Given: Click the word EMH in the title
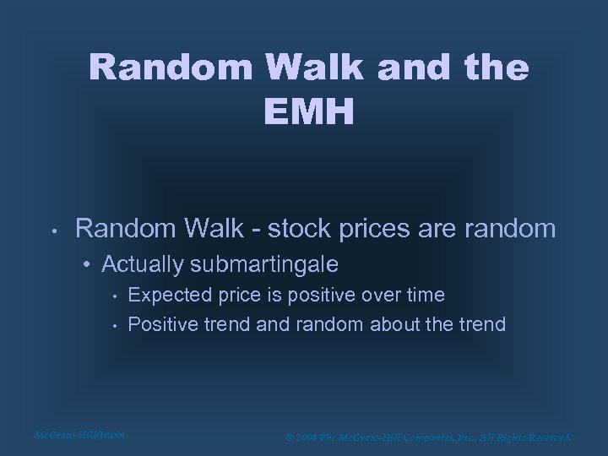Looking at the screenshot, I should [x=307, y=111].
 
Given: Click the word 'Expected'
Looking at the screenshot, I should [x=166, y=295].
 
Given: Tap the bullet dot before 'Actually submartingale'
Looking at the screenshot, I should [x=89, y=266].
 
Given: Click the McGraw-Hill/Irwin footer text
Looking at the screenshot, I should [x=79, y=435].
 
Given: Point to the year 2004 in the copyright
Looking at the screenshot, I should [x=303, y=437].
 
